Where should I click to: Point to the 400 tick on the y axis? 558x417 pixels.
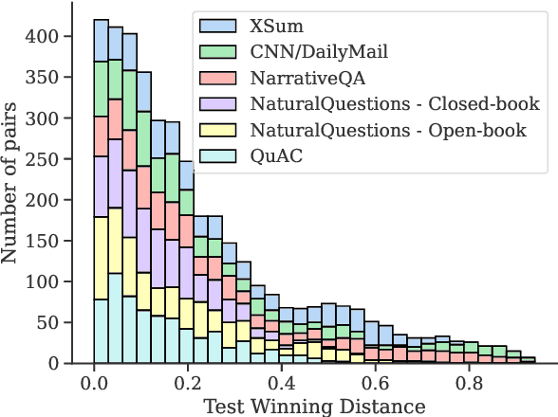[x=49, y=37]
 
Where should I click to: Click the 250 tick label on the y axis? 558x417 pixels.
[x=49, y=159]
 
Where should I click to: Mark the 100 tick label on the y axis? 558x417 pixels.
[x=49, y=281]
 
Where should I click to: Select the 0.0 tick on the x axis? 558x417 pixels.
[x=94, y=385]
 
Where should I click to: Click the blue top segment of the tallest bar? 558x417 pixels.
[x=101, y=40]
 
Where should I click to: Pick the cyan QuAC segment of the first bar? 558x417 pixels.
[x=101, y=331]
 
